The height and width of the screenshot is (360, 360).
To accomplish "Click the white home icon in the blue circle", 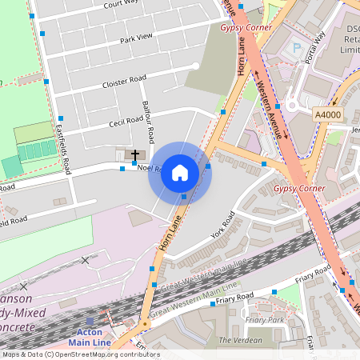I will coord(180,172).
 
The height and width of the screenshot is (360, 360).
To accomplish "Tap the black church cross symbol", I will coord(135,154).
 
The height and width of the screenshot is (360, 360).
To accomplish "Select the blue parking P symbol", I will coord(298,48).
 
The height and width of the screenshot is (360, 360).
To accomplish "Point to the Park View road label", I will coord(135,39).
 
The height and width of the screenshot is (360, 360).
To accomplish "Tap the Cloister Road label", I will coord(124,81).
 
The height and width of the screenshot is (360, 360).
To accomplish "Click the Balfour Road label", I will coord(146,117).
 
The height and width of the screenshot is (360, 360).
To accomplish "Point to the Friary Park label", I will coord(265,320).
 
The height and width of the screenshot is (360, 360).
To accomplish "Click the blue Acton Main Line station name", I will coord(90,338).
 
